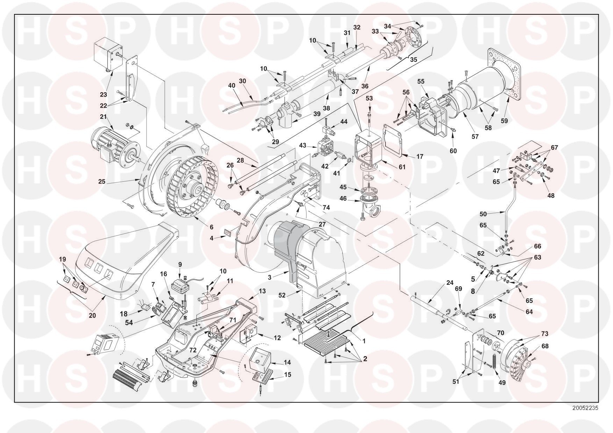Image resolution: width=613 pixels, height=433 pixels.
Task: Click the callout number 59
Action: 504,121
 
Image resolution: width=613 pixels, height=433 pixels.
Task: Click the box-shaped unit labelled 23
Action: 108,57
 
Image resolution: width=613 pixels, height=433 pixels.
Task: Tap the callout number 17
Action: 420,157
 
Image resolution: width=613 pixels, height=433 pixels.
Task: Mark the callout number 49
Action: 502,383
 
